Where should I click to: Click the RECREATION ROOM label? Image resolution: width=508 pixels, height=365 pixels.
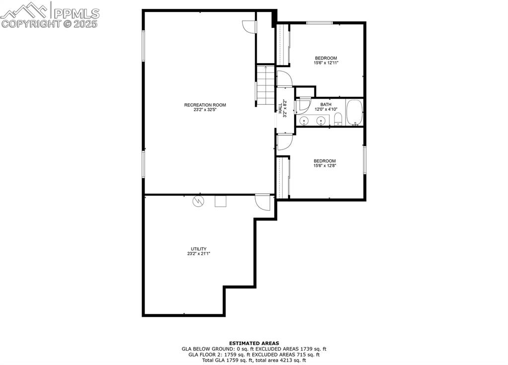pyautogui.click(x=205, y=105)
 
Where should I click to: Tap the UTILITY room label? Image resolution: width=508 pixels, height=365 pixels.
pyautogui.click(x=199, y=249)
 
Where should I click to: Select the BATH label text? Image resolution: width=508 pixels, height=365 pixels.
pyautogui.click(x=326, y=104)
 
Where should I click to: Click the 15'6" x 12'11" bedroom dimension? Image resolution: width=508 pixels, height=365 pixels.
pyautogui.click(x=326, y=63)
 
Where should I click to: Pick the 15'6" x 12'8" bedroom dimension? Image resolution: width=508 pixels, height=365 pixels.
pyautogui.click(x=324, y=166)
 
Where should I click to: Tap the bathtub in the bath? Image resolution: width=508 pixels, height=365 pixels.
pyautogui.click(x=355, y=113)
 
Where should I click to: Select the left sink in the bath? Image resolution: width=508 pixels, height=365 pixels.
pyautogui.click(x=304, y=120)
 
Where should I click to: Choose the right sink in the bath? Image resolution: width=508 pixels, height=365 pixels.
pyautogui.click(x=321, y=120)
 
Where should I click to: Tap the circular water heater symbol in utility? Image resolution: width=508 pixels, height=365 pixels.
pyautogui.click(x=198, y=201)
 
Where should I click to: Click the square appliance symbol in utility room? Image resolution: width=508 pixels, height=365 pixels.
pyautogui.click(x=220, y=201)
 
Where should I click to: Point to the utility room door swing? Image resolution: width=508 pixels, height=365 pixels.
pyautogui.click(x=262, y=202)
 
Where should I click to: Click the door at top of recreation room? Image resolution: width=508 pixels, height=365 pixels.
pyautogui.click(x=248, y=27)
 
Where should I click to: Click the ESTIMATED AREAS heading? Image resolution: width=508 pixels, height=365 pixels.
pyautogui.click(x=254, y=343)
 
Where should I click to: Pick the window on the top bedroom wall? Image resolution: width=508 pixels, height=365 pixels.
pyautogui.click(x=319, y=23)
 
